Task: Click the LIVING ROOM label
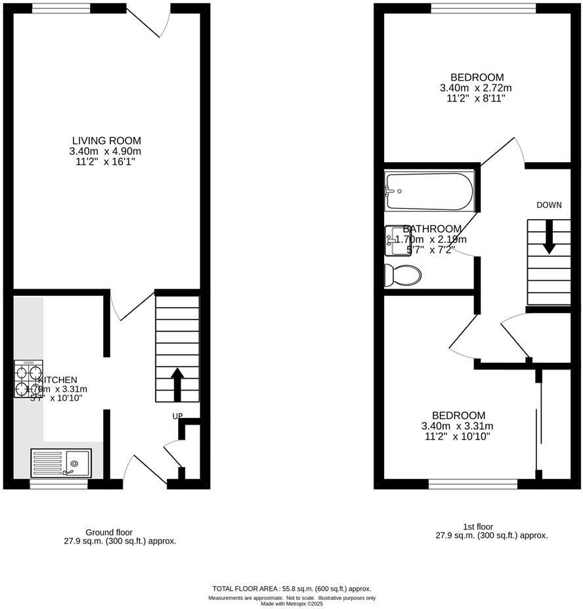pos(106,140)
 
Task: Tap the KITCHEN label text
pos(58,379)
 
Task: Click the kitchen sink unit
pos(60,462)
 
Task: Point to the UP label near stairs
pos(177,416)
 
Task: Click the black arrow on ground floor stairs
pos(177,384)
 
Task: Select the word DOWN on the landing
pos(549,205)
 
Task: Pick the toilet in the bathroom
pos(403,276)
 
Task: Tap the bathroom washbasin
pos(397,240)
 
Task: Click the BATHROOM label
pos(432,228)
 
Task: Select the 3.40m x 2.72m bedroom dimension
pos(476,88)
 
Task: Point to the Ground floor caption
pos(109,532)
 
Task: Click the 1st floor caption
pos(477,526)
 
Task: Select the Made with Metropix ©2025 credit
pos(291,604)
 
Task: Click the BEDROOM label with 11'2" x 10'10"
pos(458,415)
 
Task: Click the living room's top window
pos(62,8)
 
